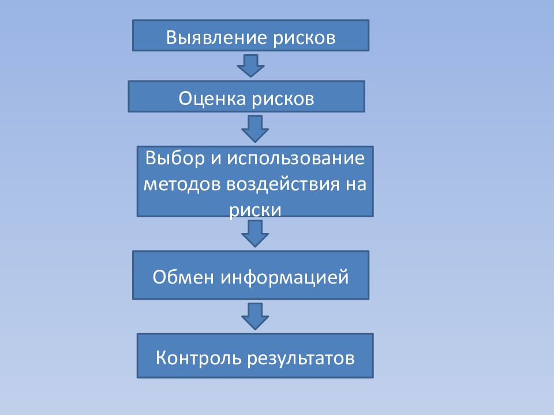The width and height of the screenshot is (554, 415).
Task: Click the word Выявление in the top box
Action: point(216,37)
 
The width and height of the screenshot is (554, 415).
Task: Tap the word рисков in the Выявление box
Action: point(304,38)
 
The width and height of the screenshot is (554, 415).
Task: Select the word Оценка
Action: point(212,98)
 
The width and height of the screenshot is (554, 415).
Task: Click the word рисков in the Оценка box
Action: point(283,99)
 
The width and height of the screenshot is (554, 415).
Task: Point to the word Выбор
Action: point(175,158)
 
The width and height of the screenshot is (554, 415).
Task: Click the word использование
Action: point(295,158)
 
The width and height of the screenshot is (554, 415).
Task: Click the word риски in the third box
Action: point(255,210)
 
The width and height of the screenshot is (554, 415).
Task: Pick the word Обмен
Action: point(184,277)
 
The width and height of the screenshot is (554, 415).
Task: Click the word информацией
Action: point(285,277)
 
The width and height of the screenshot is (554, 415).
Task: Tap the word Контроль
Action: point(199,358)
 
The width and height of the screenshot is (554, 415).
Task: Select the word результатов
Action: point(301,359)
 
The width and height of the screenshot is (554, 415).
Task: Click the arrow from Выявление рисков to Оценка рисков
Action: point(251,66)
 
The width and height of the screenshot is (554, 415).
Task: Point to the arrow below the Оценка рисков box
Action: point(255,129)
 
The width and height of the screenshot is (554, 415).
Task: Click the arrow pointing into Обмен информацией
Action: point(255,233)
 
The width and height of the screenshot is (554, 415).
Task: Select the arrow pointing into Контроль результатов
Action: point(255,316)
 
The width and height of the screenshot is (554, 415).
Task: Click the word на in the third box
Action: point(356,184)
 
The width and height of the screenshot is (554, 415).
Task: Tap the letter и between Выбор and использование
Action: point(216,159)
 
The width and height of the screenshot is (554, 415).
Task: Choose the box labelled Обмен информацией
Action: point(251,276)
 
